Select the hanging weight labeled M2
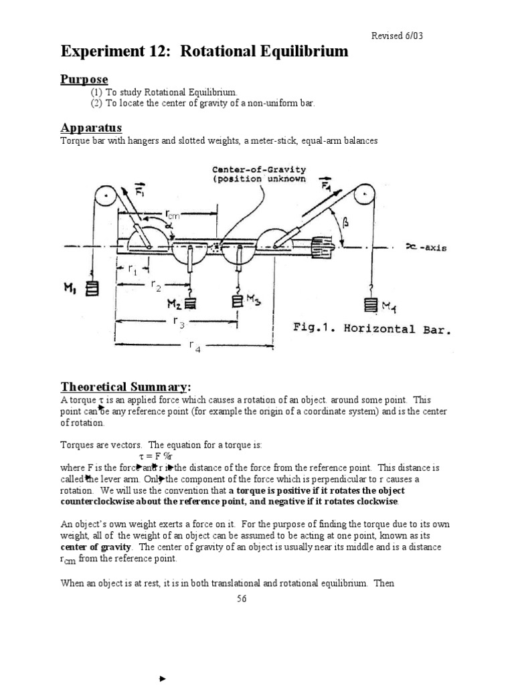[190, 302]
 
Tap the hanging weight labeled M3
[236, 301]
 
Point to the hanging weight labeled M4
[369, 306]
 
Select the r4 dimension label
[195, 345]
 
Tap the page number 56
[242, 599]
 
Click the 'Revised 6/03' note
[397, 35]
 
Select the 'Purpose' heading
[84, 80]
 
